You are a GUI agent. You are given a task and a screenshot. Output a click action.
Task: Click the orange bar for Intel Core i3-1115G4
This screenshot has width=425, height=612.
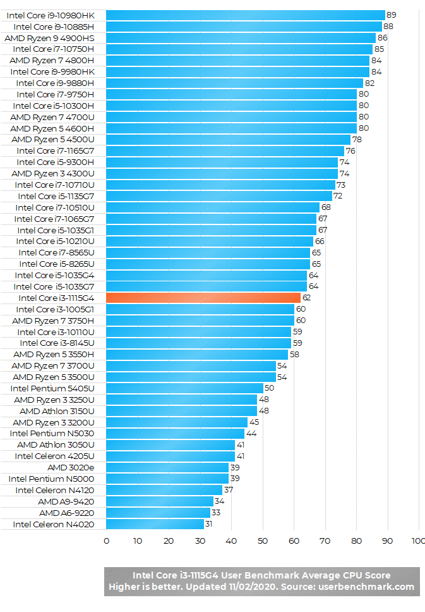pos(203,298)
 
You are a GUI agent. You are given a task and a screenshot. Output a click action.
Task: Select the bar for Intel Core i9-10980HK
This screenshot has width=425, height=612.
pos(245,15)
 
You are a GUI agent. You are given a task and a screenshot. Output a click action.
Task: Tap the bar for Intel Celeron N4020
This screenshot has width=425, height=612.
pos(155,524)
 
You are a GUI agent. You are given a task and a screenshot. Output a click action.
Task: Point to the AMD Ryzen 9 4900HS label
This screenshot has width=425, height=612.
pos(49,37)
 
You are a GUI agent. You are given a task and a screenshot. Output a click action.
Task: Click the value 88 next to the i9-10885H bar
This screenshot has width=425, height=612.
pos(388,26)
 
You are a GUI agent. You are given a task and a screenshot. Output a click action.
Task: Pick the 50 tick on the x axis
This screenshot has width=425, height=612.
pos(262,541)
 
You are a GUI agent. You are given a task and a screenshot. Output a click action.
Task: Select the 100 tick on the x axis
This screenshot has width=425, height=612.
pos(418,541)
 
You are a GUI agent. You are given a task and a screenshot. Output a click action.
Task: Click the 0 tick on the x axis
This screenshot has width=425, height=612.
pos(106,541)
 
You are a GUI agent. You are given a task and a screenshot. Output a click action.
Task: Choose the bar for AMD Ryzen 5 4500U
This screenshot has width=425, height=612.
pos(228,139)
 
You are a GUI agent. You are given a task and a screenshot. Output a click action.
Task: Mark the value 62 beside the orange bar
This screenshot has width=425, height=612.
pos(307,298)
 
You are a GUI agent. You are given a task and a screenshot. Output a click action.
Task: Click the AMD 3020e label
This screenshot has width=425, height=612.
pos(71,467)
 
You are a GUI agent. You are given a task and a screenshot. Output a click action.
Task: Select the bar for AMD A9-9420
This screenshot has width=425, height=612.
pos(159,501)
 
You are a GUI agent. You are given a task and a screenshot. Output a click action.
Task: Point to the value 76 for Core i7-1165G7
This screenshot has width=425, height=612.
pos(350,150)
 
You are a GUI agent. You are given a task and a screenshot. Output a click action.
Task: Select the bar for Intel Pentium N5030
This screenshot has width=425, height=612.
pos(175,434)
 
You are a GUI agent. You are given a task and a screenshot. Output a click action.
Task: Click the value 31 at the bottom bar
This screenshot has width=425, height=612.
pos(210,524)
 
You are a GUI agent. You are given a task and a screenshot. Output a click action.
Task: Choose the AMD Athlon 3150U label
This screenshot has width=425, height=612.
pos(57,411)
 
